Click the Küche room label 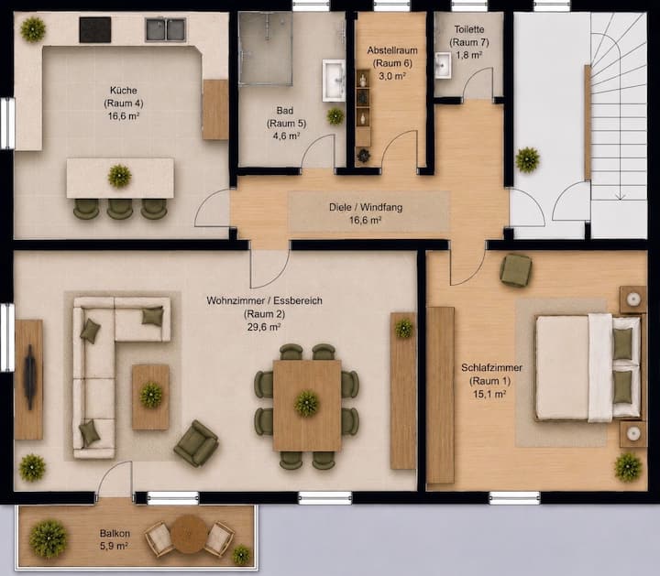124,91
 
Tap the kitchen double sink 165,30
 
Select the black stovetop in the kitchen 95,30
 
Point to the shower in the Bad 266,49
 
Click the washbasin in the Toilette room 443,66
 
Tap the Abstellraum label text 392,50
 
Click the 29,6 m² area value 264,327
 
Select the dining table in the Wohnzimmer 307,406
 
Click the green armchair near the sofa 196,443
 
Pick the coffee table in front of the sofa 150,397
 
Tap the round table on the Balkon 189,534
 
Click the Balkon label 115,534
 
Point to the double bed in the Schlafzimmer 588,367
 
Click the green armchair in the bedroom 515,270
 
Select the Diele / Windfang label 366,207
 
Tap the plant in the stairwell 527,159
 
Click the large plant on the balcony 49,539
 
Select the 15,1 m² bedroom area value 489,394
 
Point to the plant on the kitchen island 120,176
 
